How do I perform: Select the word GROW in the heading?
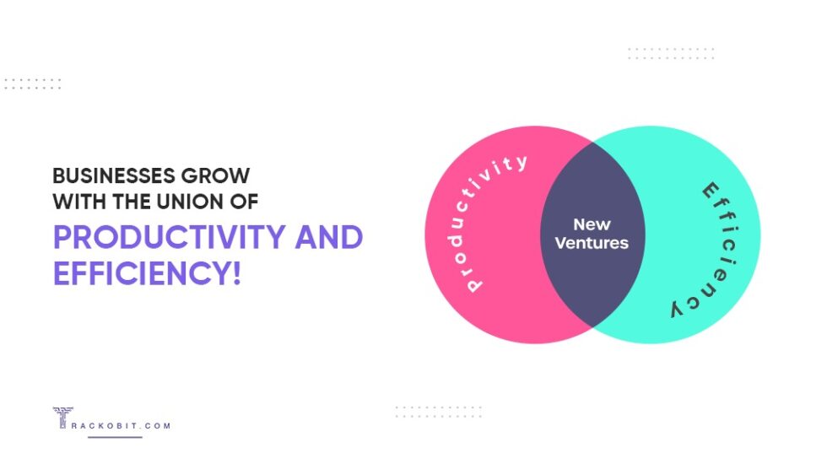[x=221, y=175]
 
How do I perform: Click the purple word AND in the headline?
[x=329, y=237]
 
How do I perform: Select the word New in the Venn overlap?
[x=592, y=224]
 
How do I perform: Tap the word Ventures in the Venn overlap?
[x=592, y=244]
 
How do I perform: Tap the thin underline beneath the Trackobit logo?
[x=115, y=437]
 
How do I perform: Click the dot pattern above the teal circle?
[x=671, y=53]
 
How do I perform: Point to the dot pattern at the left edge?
[x=32, y=84]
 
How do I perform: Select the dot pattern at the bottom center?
[x=438, y=412]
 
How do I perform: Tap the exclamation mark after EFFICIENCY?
[x=235, y=273]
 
